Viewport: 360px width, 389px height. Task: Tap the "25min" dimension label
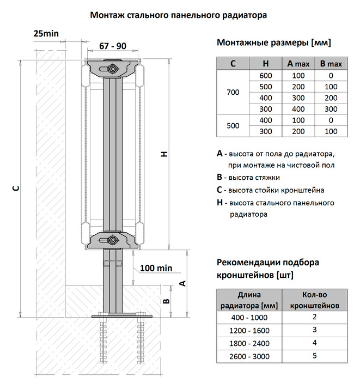pyautogui.click(x=46, y=34)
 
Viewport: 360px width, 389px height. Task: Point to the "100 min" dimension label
pyautogui.click(x=156, y=268)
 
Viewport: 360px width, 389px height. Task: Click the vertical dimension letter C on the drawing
pyautogui.click(x=16, y=188)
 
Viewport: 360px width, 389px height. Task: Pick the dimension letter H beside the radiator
pyautogui.click(x=163, y=155)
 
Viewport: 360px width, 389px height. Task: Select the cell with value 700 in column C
pyautogui.click(x=233, y=92)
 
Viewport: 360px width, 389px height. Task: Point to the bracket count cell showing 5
pyautogui.click(x=315, y=356)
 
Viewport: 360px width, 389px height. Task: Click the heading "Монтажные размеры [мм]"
pyautogui.click(x=273, y=43)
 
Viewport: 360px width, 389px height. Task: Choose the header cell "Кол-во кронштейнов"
pyautogui.click(x=315, y=300)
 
